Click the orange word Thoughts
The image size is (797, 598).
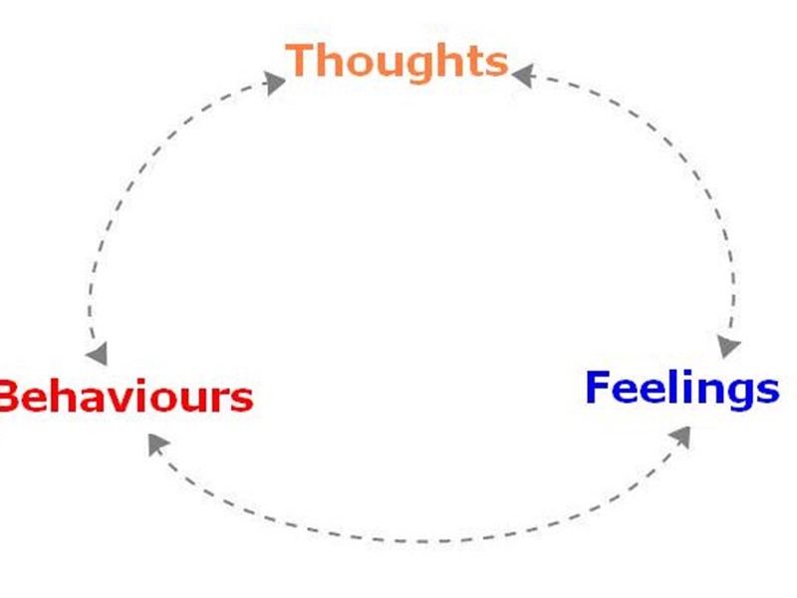(397, 61)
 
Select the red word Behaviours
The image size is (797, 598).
(125, 397)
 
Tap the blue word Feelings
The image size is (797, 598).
(681, 389)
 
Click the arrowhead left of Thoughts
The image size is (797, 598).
(274, 81)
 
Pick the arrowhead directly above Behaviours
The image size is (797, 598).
(97, 353)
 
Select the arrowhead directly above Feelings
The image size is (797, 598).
(730, 345)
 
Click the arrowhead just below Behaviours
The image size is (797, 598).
(156, 443)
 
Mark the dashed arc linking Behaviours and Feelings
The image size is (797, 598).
(418, 541)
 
